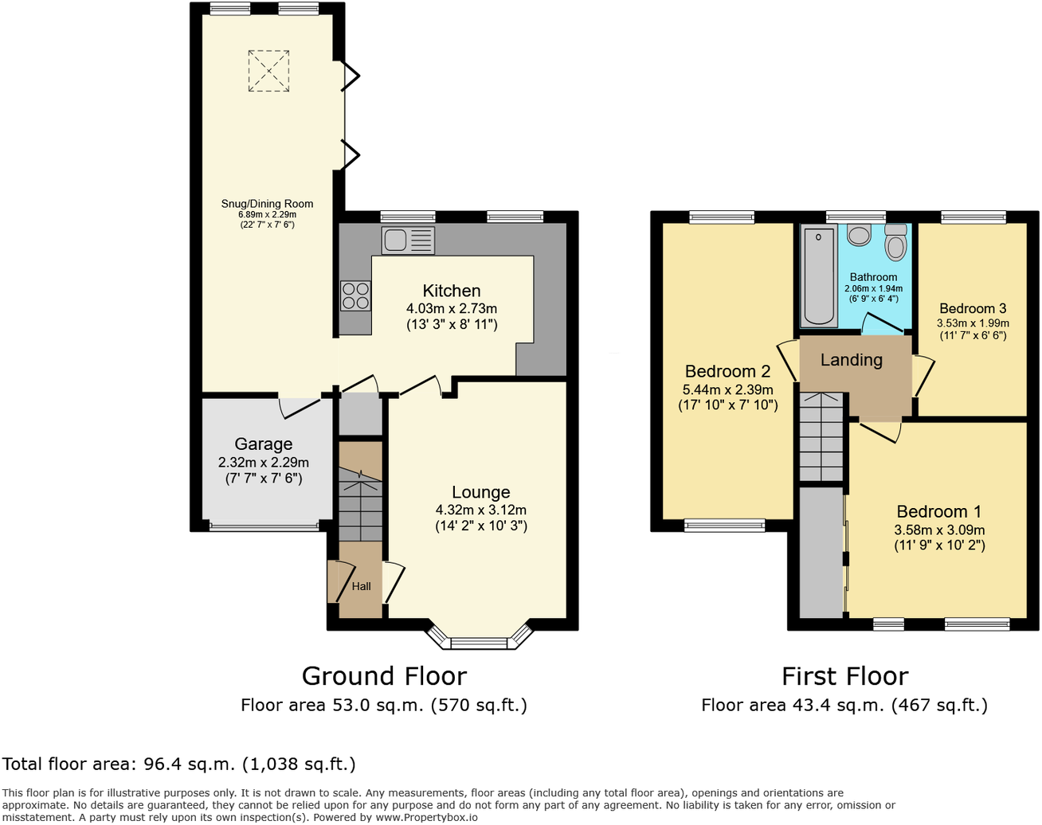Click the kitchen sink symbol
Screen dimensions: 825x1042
click(x=408, y=240)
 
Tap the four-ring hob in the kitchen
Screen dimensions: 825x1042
click(x=355, y=296)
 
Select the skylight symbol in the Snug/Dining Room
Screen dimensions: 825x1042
click(x=268, y=71)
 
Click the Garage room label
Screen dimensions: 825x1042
click(x=263, y=444)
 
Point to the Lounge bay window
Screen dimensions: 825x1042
click(x=479, y=638)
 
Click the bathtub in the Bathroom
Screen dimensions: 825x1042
click(x=818, y=276)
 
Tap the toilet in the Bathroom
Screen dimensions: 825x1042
click(x=896, y=243)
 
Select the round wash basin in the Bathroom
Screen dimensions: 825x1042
click(x=859, y=235)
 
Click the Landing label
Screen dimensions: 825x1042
click(x=851, y=360)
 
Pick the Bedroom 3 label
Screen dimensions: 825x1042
click(x=973, y=309)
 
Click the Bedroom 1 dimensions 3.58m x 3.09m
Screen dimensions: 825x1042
click(x=939, y=530)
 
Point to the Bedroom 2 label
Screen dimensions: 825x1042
click(x=727, y=372)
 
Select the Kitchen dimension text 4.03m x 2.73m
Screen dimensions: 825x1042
click(x=452, y=309)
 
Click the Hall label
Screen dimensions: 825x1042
click(x=361, y=587)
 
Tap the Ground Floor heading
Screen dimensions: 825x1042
click(x=384, y=676)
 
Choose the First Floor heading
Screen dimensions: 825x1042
click(x=844, y=676)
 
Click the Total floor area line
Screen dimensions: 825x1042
click(x=179, y=764)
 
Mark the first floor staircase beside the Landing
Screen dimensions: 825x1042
click(x=821, y=438)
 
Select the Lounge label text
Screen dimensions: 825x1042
click(x=480, y=493)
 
